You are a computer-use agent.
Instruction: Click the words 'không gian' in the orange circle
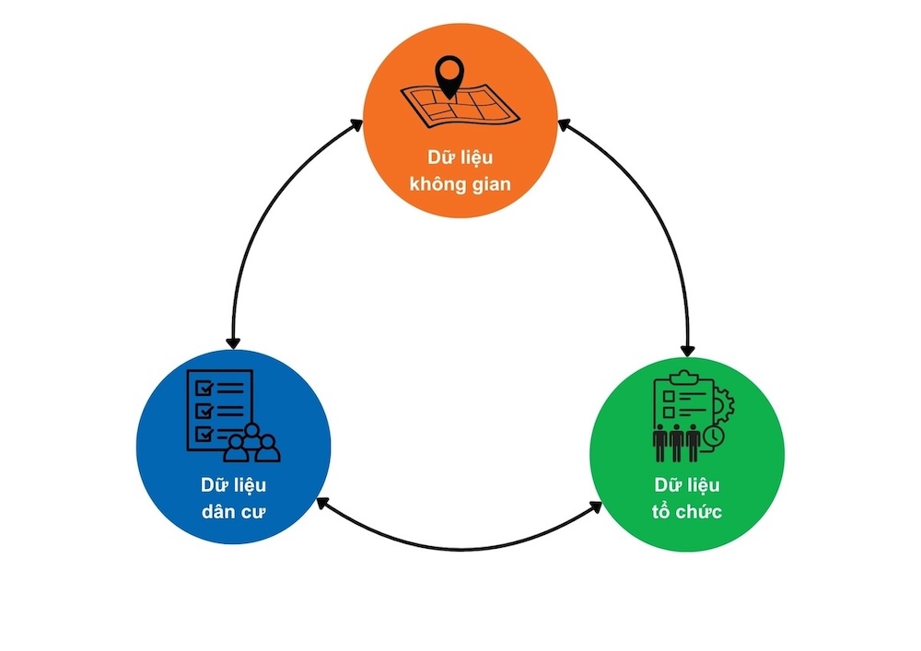pos(460,185)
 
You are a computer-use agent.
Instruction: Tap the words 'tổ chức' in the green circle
pos(687,511)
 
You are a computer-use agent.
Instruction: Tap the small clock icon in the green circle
pos(715,435)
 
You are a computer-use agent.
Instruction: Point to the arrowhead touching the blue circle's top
pos(233,342)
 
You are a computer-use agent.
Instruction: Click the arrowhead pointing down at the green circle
pos(687,349)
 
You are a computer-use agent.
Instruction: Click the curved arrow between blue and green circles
pos(460,547)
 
